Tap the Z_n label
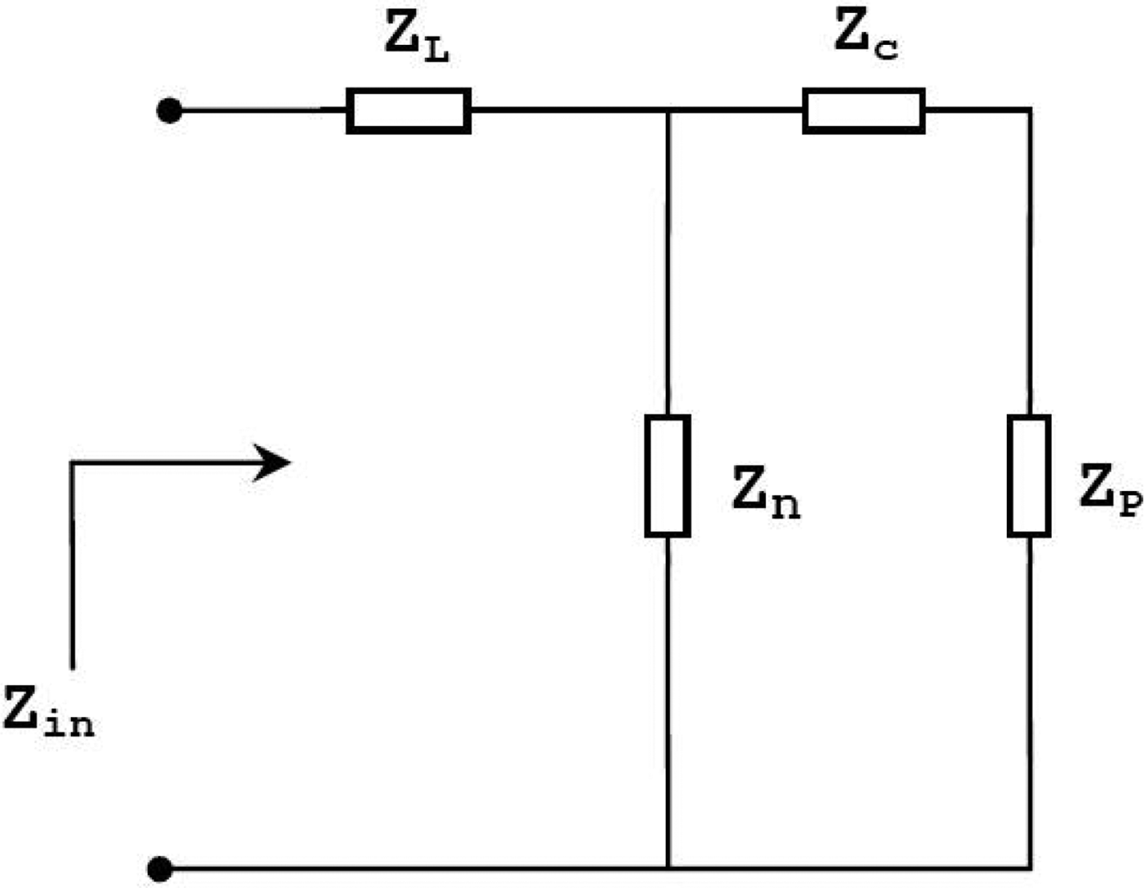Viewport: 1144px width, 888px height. click(x=765, y=493)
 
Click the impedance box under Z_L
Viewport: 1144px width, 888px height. click(x=409, y=110)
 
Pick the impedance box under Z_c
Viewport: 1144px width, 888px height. click(x=864, y=110)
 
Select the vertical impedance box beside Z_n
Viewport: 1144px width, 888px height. click(x=668, y=475)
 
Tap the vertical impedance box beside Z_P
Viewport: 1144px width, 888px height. click(x=1029, y=475)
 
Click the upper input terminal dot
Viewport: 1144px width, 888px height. click(x=169, y=110)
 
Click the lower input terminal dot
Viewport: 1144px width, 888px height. click(x=161, y=868)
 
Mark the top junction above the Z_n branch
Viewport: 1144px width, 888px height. click(x=668, y=110)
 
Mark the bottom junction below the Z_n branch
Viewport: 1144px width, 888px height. click(x=668, y=867)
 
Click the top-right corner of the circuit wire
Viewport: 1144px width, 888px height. click(x=1029, y=109)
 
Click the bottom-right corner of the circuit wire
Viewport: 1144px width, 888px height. click(x=1029, y=867)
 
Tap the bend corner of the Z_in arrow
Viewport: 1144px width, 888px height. click(x=73, y=463)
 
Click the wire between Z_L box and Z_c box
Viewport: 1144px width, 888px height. click(x=572, y=109)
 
